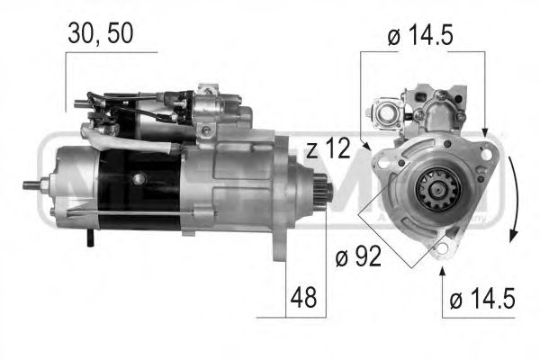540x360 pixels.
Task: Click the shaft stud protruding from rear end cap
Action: (31, 185)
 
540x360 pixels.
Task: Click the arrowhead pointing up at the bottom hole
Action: (443, 268)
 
